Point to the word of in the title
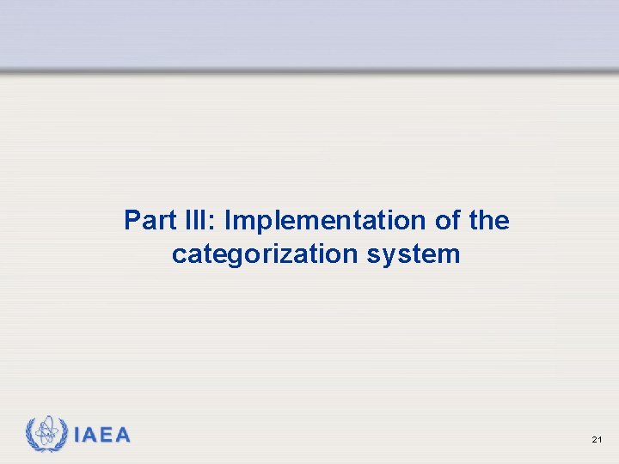pos(447,221)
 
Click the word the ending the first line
pos(489,221)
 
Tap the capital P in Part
pos(132,221)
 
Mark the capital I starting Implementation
pos(228,221)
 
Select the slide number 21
pos(597,440)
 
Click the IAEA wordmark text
pos(102,436)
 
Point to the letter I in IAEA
pos(77,436)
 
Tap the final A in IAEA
pos(123,436)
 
